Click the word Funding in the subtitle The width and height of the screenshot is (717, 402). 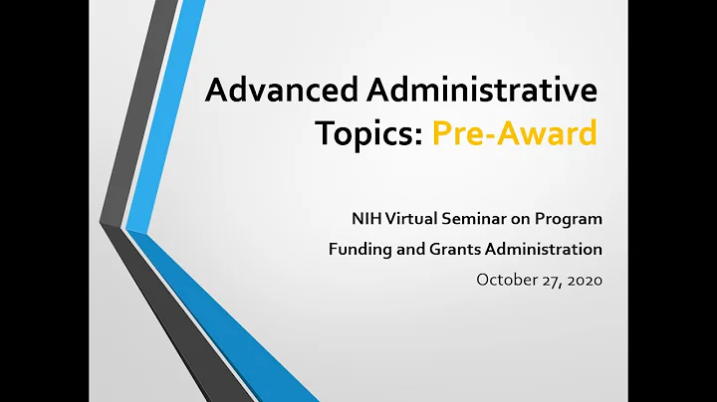[358, 248]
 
